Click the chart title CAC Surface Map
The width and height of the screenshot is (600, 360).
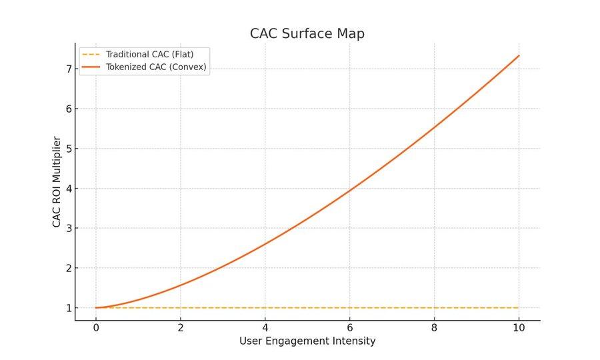[x=307, y=33]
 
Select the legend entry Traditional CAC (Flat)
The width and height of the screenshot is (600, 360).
[x=149, y=54]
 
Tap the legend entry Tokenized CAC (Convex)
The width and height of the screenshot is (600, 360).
[x=157, y=67]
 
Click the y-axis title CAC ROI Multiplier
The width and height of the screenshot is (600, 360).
[x=57, y=181]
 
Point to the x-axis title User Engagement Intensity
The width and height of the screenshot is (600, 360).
[x=307, y=341]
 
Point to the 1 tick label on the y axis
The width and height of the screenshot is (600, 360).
[x=68, y=308]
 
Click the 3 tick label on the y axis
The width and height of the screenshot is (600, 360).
[x=68, y=228]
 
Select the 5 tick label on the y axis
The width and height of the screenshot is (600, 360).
[x=68, y=149]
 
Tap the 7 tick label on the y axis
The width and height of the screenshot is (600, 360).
[x=68, y=69]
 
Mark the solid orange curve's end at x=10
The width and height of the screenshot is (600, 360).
[x=519, y=55]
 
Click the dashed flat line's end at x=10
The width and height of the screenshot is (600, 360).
[x=519, y=308]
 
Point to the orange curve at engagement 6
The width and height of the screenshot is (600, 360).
[x=350, y=191]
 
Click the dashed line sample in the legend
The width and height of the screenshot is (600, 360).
[x=91, y=54]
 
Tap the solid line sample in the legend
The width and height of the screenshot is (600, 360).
[x=91, y=67]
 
